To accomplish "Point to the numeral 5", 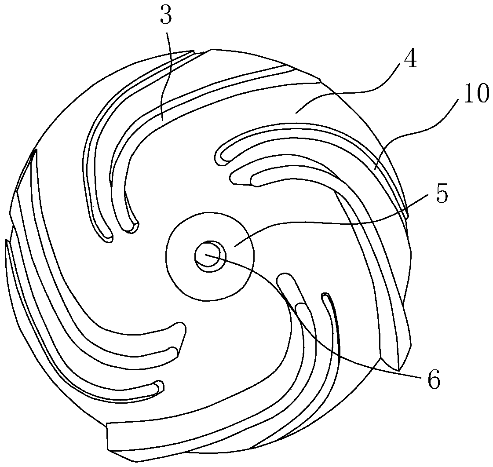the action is (441, 193).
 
